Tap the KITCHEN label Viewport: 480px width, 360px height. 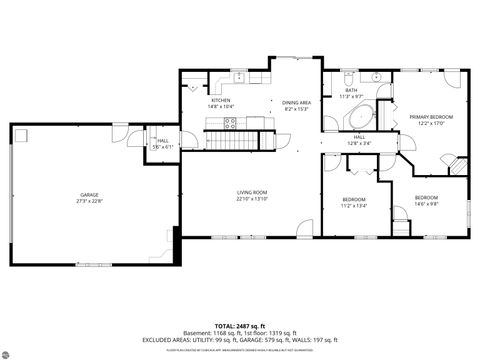coord(220,100)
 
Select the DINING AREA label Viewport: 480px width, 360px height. coord(297,102)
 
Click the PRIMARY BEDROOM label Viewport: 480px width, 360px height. coord(431,117)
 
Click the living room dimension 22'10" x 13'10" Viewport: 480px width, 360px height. coord(251,198)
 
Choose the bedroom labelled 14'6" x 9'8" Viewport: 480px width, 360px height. coord(427,200)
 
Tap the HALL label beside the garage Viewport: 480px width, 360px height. coord(163,140)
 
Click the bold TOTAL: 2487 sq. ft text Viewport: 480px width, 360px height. coord(240,327)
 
